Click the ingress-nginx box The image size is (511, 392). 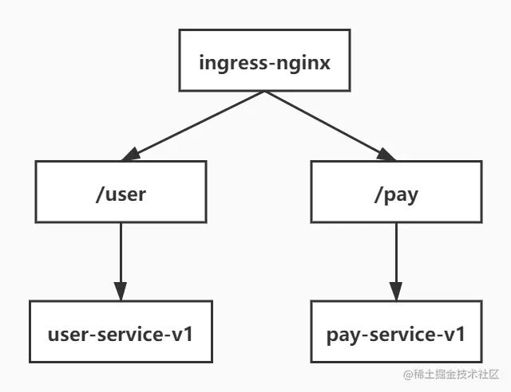263,61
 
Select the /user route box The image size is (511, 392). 121,191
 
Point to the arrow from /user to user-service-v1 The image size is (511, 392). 121,255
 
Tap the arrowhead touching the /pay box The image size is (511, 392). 386,155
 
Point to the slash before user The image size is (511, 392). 98,192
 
